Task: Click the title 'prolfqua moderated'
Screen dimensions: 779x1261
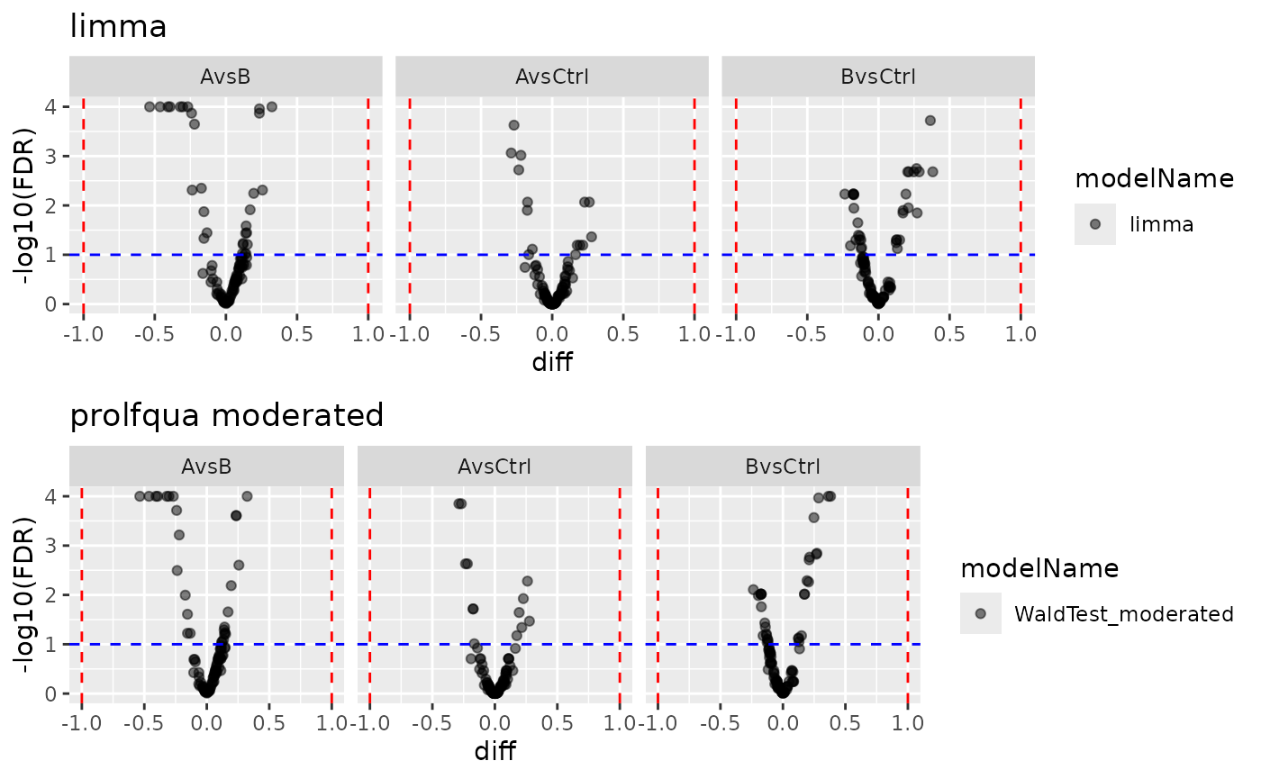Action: point(227,415)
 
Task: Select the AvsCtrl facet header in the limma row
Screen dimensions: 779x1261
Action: point(551,77)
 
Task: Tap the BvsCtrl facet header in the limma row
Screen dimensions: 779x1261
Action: point(877,77)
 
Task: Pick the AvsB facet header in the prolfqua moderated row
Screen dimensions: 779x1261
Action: point(206,466)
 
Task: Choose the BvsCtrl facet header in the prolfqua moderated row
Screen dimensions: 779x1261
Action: point(782,466)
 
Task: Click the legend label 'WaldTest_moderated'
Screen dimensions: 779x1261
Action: point(1123,614)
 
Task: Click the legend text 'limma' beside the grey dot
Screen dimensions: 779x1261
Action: point(1161,225)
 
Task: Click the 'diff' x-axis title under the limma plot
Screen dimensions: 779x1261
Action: point(551,362)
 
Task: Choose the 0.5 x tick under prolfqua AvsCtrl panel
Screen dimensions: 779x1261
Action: point(557,723)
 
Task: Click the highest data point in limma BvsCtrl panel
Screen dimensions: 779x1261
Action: point(930,121)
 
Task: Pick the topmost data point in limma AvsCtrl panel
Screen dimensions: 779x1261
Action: point(513,125)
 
